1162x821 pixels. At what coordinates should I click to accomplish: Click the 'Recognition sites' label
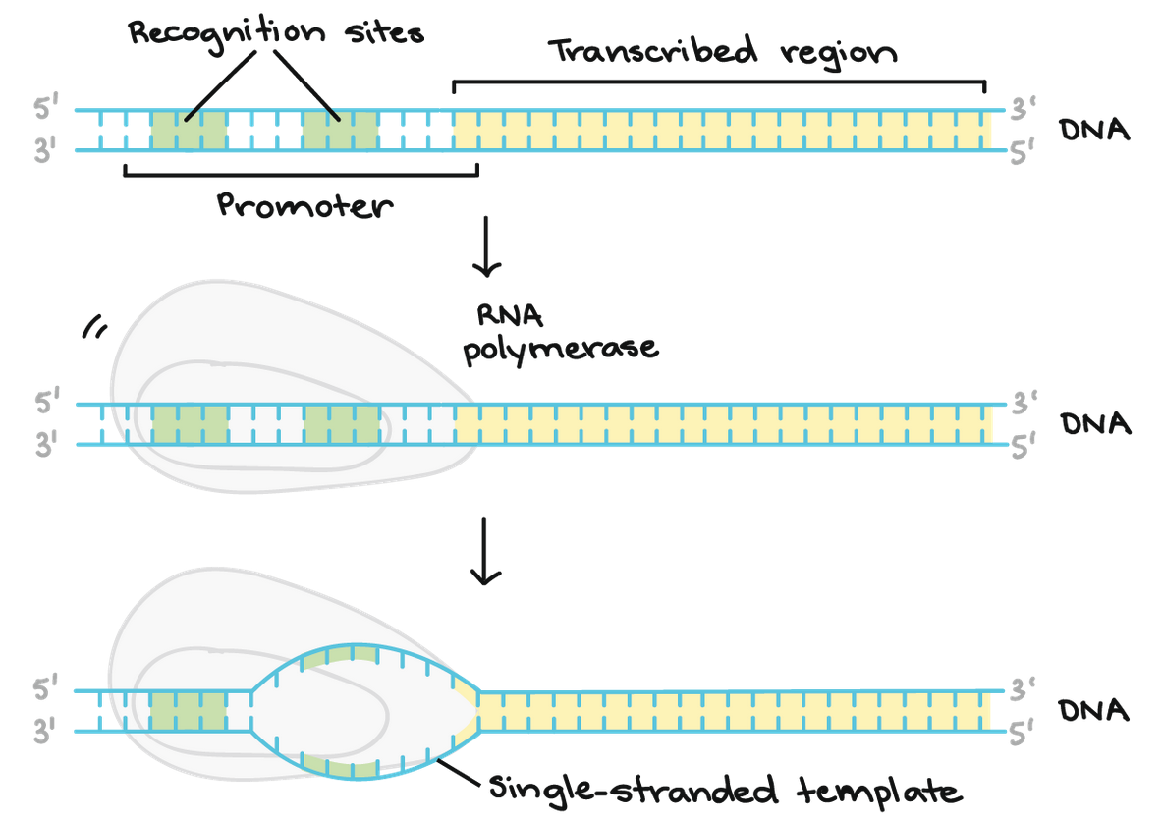coord(276,31)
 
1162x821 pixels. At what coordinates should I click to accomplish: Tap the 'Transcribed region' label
coord(722,50)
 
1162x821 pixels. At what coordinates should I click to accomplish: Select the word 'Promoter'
coord(304,205)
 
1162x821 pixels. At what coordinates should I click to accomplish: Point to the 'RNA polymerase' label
coord(560,333)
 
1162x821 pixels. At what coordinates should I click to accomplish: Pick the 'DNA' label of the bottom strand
coord(1094,710)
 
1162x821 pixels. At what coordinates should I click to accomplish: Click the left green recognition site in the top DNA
coord(189,131)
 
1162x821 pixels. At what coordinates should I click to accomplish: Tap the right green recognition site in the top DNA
coord(340,131)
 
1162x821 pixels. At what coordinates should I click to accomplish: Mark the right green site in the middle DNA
coord(341,424)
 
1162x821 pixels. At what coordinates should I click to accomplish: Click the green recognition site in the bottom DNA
coord(189,711)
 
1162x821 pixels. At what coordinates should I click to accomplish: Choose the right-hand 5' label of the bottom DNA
coord(1024,733)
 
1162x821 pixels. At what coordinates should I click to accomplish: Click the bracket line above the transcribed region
coord(718,82)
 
